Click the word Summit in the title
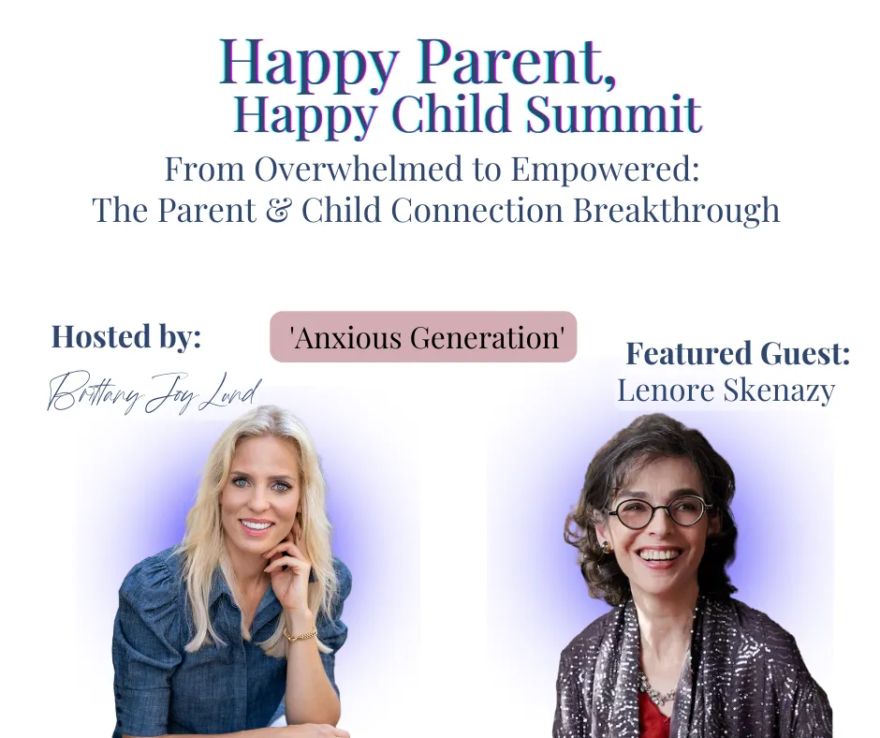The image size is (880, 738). coord(613,113)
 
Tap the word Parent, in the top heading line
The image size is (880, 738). coord(517,63)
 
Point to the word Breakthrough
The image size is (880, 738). coord(676,210)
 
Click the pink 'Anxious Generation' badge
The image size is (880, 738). coord(424,337)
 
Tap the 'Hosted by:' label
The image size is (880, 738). coord(126,336)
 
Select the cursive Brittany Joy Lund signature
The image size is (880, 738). coord(154,392)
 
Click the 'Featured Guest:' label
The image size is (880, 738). coord(738,353)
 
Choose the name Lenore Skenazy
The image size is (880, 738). coord(726,391)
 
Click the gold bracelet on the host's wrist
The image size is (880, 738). coord(301,635)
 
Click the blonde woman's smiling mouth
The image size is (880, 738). coord(257,527)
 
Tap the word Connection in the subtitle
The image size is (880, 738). coord(477,210)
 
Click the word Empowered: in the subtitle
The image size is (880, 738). coord(605,170)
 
